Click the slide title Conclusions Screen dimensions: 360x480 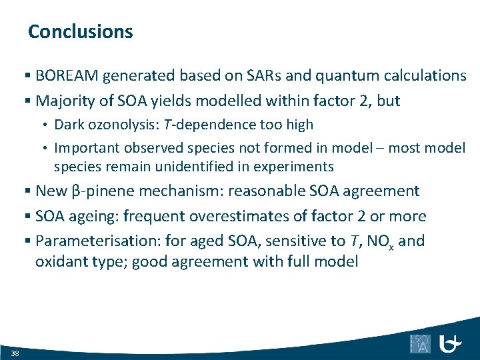pos(81,31)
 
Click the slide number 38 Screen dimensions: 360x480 pos(15,353)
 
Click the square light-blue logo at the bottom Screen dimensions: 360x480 pos(420,343)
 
